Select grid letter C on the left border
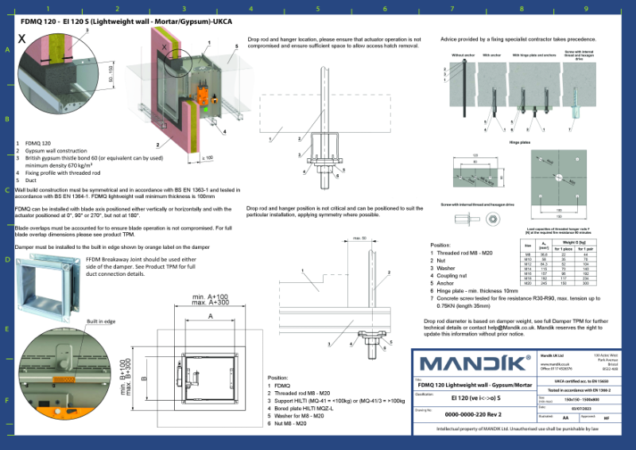(7, 190)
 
